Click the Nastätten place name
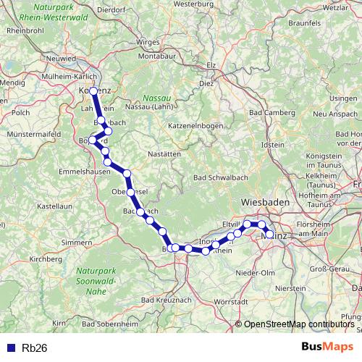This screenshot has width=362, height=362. coord(160,154)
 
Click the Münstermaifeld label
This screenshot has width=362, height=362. coord(31,134)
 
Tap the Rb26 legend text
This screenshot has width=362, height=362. coord(34,348)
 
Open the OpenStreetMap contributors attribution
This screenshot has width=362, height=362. coord(300,325)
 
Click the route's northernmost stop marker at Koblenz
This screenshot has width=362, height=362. coord(94,91)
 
